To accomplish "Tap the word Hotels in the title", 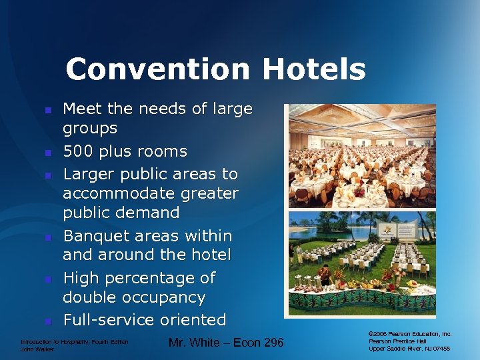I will (x=313, y=69).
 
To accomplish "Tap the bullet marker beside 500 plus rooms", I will (x=47, y=153).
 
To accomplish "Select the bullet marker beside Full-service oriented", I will (x=47, y=321).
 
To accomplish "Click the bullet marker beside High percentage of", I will (x=47, y=279).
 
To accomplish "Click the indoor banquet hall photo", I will (x=361, y=157).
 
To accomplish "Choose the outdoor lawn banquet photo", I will (x=361, y=263).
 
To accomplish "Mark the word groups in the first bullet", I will (x=90, y=127).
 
